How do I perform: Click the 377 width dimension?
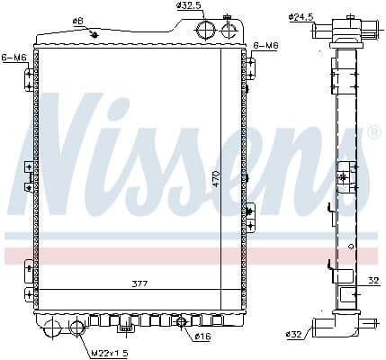click(x=139, y=283)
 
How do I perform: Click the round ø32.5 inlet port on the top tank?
click(x=206, y=30)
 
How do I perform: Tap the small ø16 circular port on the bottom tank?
click(x=181, y=323)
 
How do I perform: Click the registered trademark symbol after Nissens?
click(x=374, y=133)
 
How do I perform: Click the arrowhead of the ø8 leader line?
click(x=96, y=36)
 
